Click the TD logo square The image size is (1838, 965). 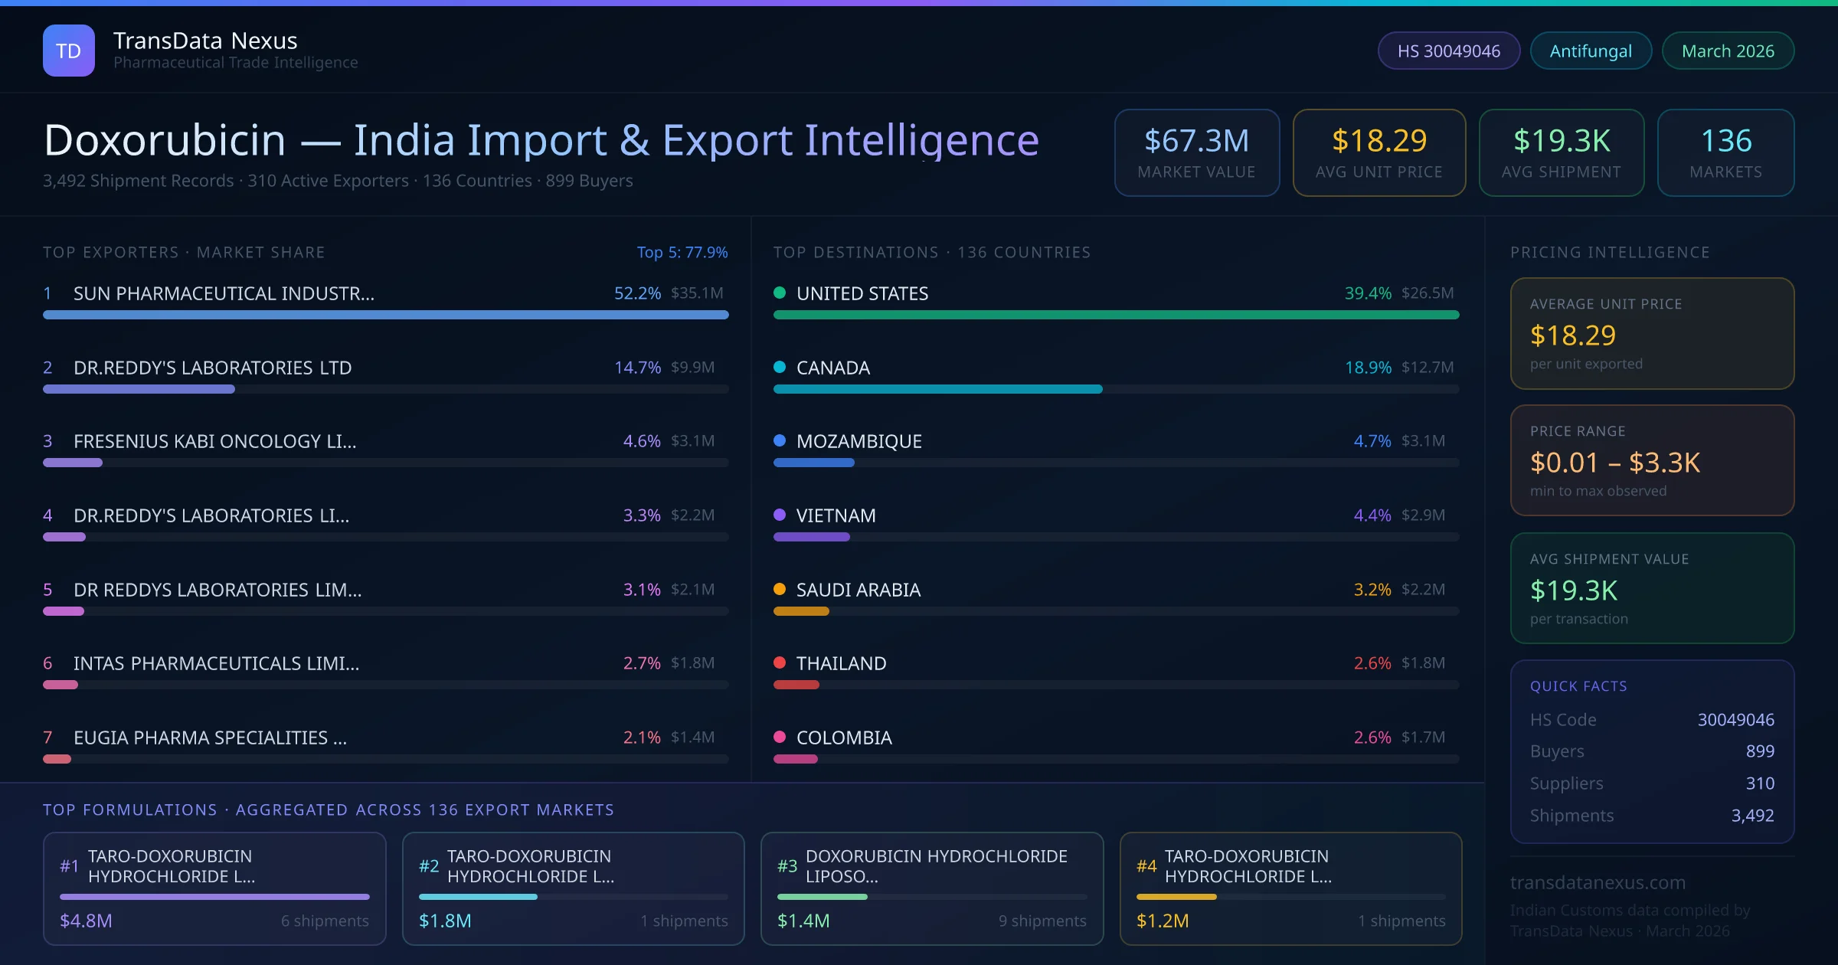(69, 51)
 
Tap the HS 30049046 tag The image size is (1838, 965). (1448, 51)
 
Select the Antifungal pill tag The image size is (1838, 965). (1591, 51)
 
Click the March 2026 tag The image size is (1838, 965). (1728, 51)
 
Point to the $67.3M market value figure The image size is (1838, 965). (1196, 141)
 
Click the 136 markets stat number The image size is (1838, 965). (1725, 141)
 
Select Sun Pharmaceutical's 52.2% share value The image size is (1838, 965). (637, 293)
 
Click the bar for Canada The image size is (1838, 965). (937, 389)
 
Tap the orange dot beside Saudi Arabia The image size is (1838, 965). (780, 589)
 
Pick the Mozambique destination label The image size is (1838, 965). (858, 441)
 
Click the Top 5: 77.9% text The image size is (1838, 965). (682, 252)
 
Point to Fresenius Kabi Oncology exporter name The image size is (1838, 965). (214, 441)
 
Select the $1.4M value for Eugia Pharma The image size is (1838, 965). (692, 737)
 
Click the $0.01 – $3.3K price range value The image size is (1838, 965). (1614, 463)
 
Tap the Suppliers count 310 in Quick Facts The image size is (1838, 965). (1759, 783)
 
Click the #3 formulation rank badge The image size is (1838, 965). (787, 866)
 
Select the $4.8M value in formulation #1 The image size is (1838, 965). (86, 921)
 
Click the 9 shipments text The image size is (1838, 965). (1042, 921)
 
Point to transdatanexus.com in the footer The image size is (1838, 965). (1598, 882)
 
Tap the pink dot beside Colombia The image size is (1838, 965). (780, 737)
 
